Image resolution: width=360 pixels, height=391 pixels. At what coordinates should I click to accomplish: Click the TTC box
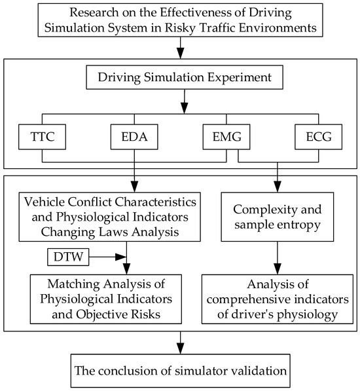42,138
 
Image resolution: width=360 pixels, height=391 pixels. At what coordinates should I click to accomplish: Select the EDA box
134,138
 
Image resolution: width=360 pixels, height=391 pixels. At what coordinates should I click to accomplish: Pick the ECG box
318,138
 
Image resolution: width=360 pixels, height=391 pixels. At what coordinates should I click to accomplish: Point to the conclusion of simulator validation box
180,371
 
